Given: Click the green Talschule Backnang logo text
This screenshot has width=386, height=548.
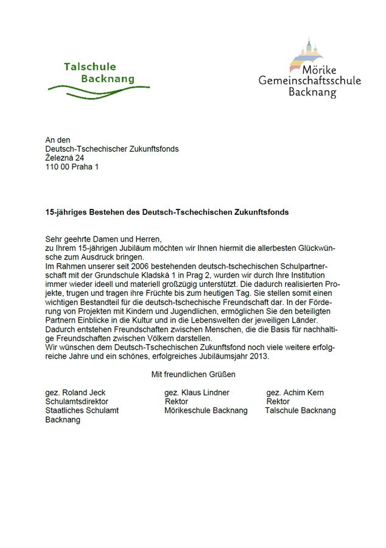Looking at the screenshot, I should pos(99,72).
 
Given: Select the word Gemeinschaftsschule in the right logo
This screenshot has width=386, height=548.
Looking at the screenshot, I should pos(309,80).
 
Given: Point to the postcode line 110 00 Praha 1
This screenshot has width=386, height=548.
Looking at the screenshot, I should pos(71,167).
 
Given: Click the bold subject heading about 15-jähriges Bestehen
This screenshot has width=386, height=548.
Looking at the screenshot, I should pos(167,213).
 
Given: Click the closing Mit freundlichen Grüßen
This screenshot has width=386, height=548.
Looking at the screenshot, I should pos(193,374).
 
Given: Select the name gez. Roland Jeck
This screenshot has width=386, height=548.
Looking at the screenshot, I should pos(75,393).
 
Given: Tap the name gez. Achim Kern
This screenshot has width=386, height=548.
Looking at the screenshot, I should pos(295,393).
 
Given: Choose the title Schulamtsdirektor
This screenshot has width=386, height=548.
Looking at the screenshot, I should pos(77,402).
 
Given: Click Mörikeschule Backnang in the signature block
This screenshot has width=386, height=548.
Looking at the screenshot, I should pos(206,411).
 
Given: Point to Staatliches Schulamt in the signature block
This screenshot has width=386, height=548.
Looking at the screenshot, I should pos(82,411).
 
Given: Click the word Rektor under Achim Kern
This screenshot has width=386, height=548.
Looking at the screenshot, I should pos(278,402).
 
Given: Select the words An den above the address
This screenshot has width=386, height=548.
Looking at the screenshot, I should pos(58,140).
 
